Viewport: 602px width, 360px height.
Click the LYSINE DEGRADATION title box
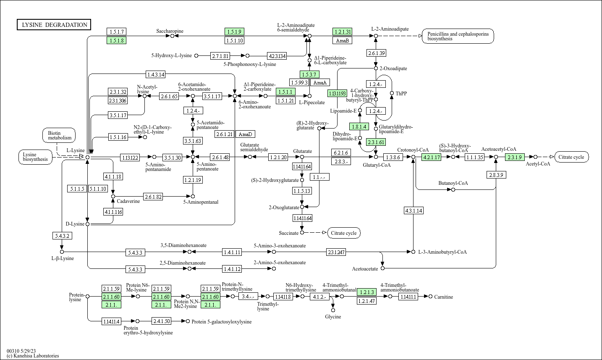tap(54, 24)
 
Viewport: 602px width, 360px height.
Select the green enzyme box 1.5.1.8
tap(116, 40)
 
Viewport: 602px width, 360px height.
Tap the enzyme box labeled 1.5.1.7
tap(116, 32)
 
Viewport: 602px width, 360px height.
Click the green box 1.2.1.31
tap(343, 32)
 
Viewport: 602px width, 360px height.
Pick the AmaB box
tap(343, 40)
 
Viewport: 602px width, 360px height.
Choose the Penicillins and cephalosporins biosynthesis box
tap(458, 36)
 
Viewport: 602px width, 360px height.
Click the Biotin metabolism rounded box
tap(59, 135)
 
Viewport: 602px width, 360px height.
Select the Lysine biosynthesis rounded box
tap(35, 157)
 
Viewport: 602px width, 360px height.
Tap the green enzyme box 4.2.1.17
tap(432, 157)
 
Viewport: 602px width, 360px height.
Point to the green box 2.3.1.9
tap(515, 157)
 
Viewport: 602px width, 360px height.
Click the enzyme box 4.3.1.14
tap(414, 210)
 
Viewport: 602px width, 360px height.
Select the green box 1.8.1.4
tap(359, 126)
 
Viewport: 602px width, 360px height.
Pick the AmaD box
tap(245, 134)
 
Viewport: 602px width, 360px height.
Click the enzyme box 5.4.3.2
tap(62, 236)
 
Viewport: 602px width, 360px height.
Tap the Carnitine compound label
tap(443, 297)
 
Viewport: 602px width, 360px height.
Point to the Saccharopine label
tap(170, 31)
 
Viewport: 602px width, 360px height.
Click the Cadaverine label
tap(128, 201)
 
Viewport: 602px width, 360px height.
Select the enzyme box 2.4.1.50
tap(162, 321)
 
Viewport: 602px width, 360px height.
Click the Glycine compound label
tap(333, 317)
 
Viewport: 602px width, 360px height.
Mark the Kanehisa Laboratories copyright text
tap(33, 356)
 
